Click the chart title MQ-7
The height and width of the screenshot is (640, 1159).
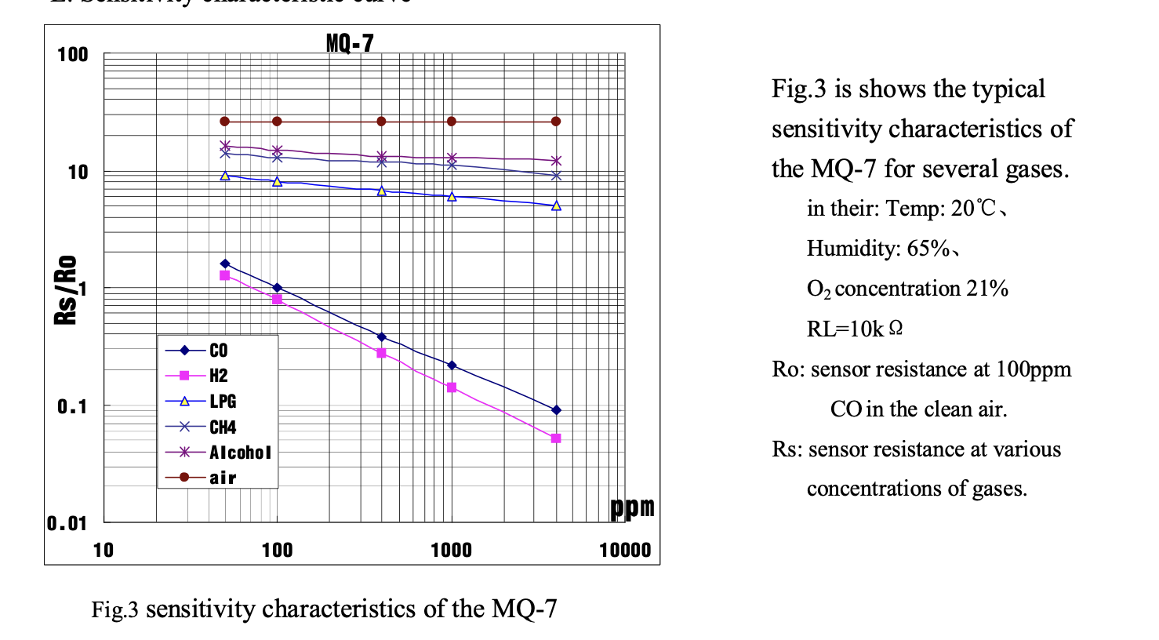350,43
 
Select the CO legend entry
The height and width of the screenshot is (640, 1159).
218,351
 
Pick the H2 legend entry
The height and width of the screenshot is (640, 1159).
218,376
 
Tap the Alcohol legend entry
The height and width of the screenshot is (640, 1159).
240,453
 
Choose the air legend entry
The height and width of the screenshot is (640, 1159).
223,478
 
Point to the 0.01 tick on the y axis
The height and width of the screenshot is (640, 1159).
67,523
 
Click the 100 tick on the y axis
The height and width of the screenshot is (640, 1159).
73,55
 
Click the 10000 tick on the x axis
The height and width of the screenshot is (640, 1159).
625,551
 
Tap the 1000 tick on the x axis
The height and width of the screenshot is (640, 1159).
451,551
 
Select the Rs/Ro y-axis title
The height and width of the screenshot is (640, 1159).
67,289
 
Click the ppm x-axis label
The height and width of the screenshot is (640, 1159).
632,507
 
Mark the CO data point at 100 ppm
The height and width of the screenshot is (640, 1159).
277,288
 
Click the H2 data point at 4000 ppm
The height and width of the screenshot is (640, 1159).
556,438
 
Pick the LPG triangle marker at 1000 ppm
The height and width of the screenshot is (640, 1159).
452,197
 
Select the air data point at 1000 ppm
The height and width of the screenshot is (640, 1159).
452,122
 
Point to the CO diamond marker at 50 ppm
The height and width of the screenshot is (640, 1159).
225,264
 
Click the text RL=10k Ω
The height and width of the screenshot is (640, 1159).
855,329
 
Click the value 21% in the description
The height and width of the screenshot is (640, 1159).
987,289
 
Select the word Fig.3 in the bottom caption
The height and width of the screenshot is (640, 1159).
114,609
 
